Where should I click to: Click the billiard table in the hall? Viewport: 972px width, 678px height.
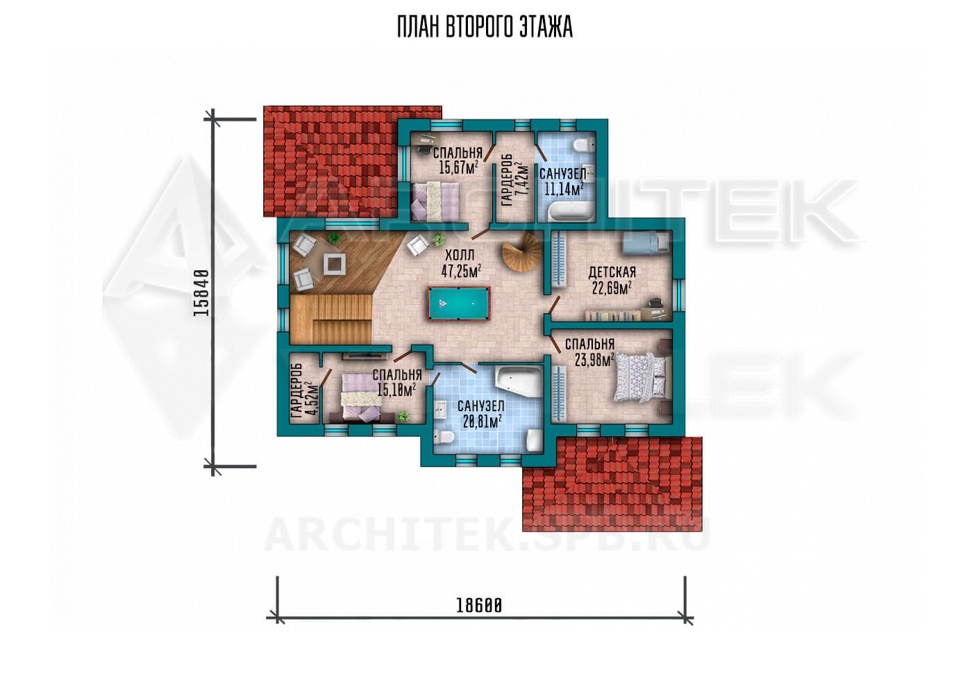pos(459,303)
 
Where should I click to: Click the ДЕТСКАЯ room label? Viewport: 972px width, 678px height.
pos(612,272)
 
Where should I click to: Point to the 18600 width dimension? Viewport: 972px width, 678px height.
pos(478,606)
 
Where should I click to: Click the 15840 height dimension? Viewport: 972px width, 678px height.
pos(201,292)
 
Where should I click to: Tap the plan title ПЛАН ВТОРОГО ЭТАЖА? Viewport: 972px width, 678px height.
pos(485,27)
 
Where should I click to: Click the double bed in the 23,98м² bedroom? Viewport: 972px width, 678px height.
pos(640,377)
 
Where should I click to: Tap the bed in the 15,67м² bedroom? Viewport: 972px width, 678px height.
pos(435,201)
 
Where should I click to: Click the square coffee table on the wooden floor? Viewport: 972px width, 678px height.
pos(335,264)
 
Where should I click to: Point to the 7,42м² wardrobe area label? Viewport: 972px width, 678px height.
pos(521,179)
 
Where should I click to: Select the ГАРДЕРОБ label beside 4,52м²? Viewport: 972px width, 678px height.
pos(297,392)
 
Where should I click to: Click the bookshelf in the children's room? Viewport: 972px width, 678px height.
pos(614,315)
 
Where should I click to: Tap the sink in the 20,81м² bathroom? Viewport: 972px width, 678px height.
pos(440,410)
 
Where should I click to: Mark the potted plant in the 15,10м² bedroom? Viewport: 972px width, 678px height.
pos(403,416)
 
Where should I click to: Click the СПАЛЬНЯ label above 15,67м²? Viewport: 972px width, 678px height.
pos(458,153)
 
